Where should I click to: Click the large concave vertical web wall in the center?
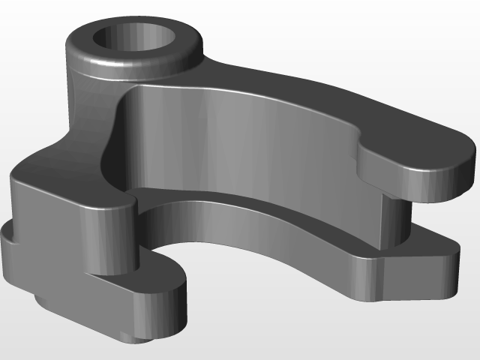point(240,142)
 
